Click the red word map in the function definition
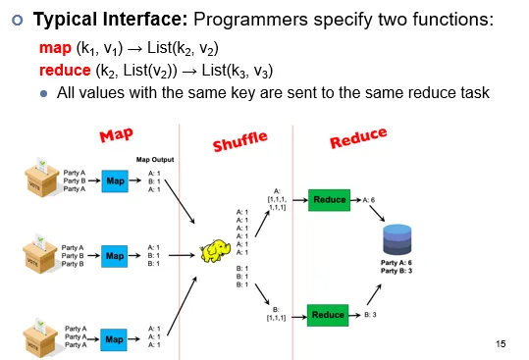(x=53, y=47)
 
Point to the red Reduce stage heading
(x=358, y=138)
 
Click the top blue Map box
(x=115, y=180)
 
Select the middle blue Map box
(x=115, y=255)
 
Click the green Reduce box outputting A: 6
(x=330, y=199)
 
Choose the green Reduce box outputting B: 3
(x=330, y=315)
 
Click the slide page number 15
(x=503, y=343)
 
